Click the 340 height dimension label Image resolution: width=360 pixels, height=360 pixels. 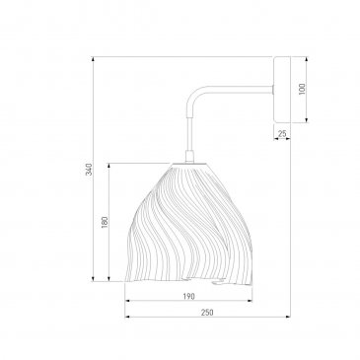click(x=89, y=169)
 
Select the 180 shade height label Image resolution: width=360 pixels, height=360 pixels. click(x=105, y=223)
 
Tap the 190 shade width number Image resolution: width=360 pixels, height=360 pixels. click(x=188, y=296)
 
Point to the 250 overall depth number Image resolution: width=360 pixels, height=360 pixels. click(x=207, y=313)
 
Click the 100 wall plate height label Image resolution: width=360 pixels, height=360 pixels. click(x=302, y=89)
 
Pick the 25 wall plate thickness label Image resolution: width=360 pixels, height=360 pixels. click(x=282, y=134)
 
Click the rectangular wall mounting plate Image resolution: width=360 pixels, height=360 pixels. click(x=282, y=90)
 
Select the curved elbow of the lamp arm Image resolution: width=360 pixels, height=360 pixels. click(x=193, y=95)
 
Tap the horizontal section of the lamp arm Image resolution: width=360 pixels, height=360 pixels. click(x=240, y=89)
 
